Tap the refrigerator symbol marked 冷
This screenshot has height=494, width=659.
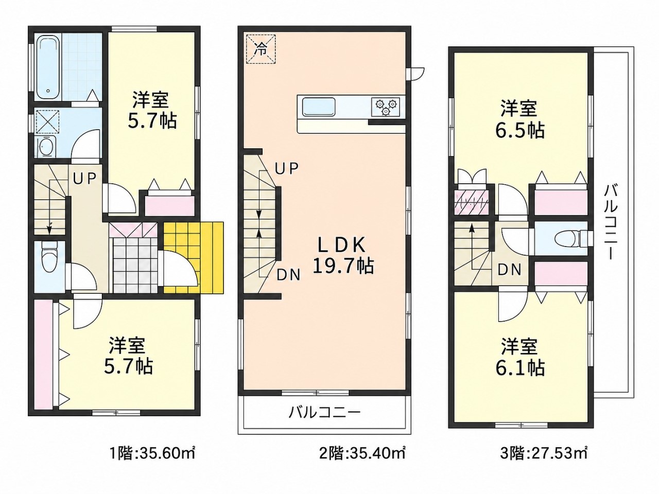261,49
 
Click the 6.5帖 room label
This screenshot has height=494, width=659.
519,119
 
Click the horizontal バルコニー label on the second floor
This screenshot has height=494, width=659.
324,413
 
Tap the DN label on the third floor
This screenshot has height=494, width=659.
509,270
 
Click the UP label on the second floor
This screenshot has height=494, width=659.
287,169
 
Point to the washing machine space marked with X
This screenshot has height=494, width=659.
48,121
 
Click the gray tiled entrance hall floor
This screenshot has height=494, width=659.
135,264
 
